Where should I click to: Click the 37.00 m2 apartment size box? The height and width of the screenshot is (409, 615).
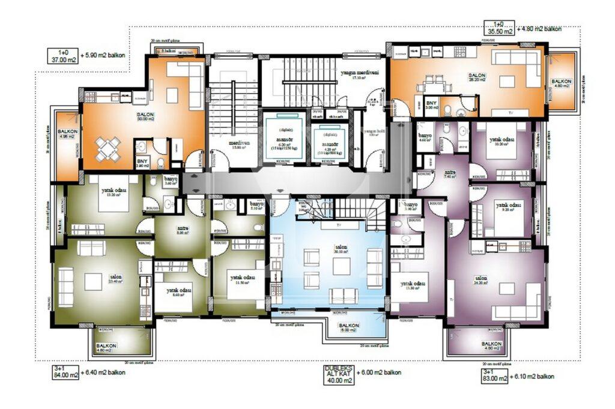pyautogui.click(x=63, y=56)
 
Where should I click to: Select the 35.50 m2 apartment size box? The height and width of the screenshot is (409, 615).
pyautogui.click(x=500, y=28)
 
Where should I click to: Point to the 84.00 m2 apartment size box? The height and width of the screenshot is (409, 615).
pyautogui.click(x=65, y=372)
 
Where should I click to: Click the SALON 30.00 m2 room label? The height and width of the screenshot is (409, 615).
pyautogui.click(x=145, y=117)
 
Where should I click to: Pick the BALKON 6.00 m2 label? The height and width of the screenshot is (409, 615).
pyautogui.click(x=349, y=328)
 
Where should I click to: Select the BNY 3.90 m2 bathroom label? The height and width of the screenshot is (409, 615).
pyautogui.click(x=142, y=164)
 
